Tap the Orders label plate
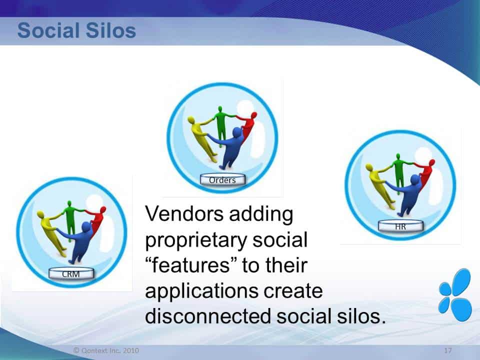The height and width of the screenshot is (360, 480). point(222,179)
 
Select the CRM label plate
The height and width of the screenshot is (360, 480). point(71,273)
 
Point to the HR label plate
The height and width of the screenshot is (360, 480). point(400,226)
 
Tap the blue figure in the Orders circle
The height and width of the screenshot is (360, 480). point(230,147)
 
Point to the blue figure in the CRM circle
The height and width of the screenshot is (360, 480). point(79,242)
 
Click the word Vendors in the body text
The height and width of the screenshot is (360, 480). point(184,214)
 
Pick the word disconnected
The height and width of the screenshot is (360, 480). point(208,316)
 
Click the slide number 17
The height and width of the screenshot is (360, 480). point(448,350)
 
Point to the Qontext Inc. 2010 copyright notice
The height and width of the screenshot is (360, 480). point(106,350)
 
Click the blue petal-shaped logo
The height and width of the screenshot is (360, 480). point(455,295)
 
